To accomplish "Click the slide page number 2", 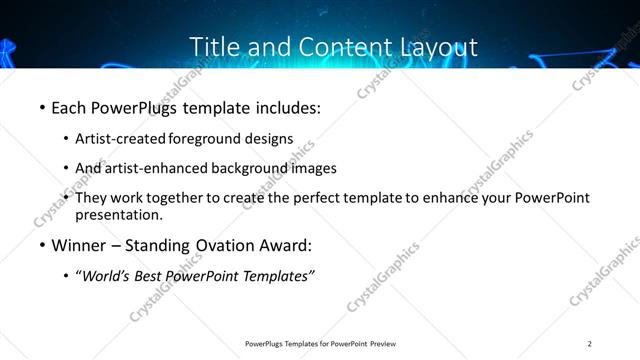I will click(590, 344).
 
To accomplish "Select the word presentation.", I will click(119, 214).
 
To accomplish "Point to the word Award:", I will click(284, 245).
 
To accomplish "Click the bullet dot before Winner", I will click(42, 245).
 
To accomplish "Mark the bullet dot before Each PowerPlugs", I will click(42, 105).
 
